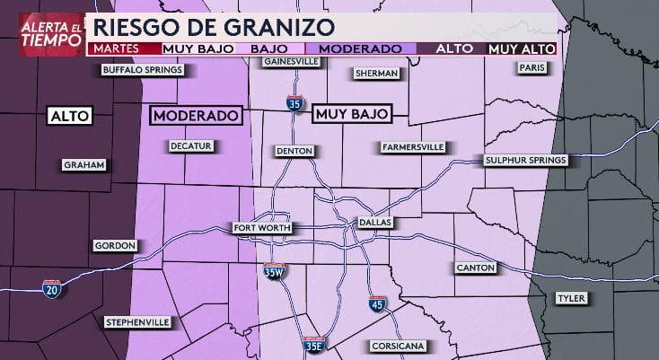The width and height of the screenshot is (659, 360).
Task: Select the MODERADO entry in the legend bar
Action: click(x=360, y=48)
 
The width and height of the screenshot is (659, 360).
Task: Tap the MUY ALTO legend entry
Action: click(x=522, y=48)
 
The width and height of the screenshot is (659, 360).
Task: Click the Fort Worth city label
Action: click(x=259, y=227)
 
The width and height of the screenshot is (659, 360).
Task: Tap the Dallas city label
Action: click(x=375, y=221)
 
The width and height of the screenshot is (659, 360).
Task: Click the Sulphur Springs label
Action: click(x=525, y=160)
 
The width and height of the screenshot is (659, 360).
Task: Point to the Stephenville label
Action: click(x=136, y=320)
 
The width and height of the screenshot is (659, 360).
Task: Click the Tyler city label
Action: click(x=568, y=297)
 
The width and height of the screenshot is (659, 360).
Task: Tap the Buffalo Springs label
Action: click(x=143, y=69)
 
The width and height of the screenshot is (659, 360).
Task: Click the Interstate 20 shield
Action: click(x=52, y=288)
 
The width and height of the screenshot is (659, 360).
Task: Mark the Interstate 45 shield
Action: click(x=377, y=305)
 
